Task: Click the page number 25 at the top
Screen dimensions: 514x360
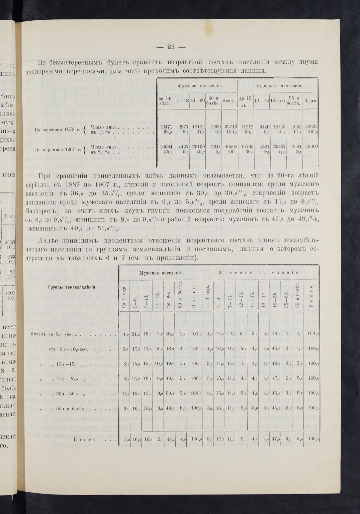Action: tap(171, 47)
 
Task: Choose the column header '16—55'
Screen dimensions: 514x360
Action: tap(278, 100)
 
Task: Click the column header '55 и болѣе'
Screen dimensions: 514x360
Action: tap(294, 100)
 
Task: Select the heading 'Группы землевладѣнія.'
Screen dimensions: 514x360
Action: tap(72, 287)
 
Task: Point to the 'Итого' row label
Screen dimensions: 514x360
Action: tap(86, 440)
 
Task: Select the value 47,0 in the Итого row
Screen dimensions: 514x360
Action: tap(277, 439)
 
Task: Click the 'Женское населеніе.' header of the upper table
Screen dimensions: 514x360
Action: tap(279, 86)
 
